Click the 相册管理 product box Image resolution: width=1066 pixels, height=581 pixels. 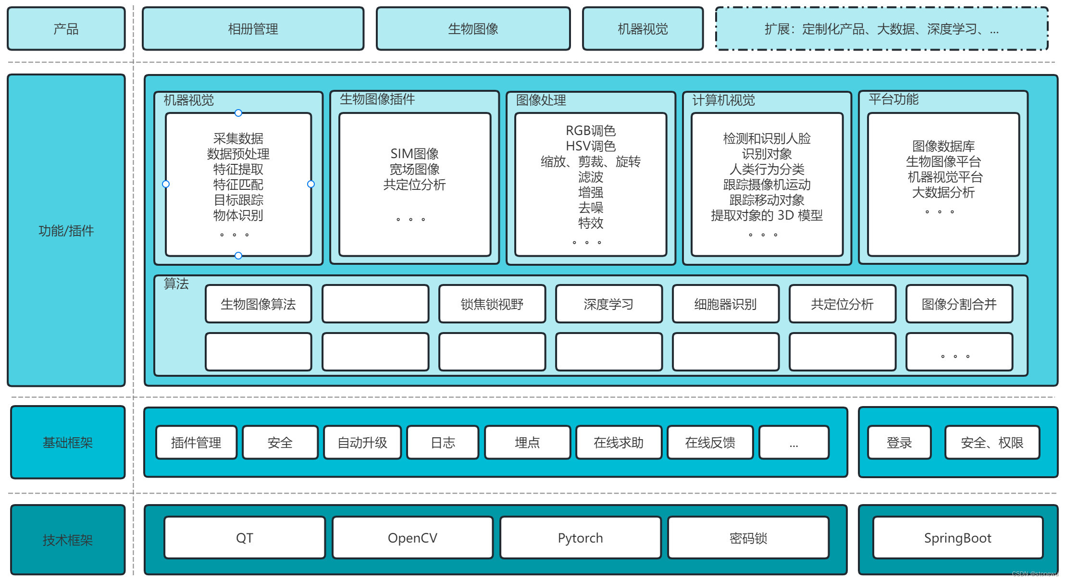coord(253,29)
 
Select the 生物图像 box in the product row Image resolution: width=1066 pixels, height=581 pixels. coord(473,29)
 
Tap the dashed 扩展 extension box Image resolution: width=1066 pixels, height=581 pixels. coord(881,29)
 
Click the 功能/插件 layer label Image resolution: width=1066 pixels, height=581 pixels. coord(66,231)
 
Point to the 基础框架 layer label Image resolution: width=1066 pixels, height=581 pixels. coord(67,442)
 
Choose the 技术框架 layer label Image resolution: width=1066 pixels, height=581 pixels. coord(67,540)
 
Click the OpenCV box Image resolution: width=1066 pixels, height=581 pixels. coord(412,538)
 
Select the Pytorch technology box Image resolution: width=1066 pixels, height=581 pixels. coord(580,538)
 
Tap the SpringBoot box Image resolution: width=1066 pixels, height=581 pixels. coord(957,538)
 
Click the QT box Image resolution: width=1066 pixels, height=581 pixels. coord(244,538)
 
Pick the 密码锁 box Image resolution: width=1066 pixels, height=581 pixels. coord(748,538)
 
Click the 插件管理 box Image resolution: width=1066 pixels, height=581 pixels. coord(196,443)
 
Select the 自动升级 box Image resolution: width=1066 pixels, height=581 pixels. coord(362,443)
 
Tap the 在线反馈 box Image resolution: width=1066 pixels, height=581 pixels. coord(710,443)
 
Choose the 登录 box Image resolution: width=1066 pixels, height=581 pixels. coord(899,443)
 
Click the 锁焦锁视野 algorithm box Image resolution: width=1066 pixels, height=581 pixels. coord(492,304)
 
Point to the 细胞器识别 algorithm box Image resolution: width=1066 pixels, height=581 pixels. coord(725,304)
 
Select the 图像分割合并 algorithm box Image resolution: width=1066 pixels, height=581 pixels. coord(959,304)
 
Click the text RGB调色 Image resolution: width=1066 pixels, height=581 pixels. coord(590,130)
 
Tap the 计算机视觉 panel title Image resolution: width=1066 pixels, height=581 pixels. coord(723,100)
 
